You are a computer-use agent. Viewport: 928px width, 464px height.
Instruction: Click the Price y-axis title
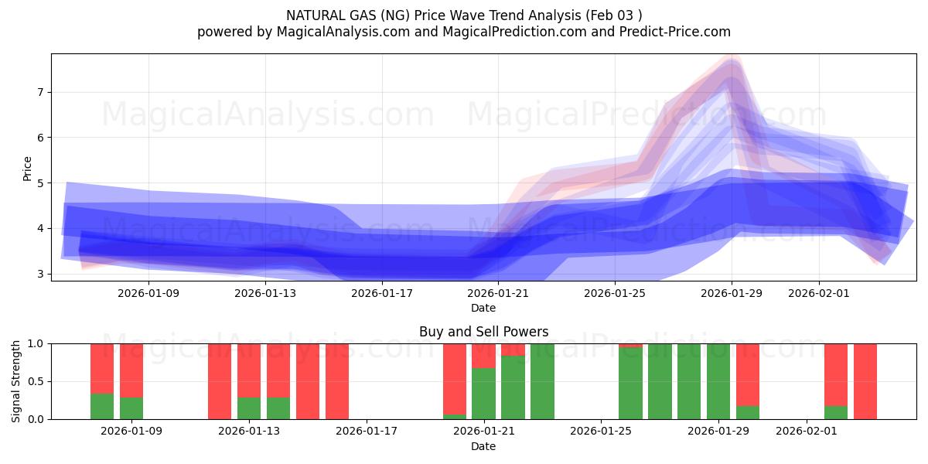pos(27,169)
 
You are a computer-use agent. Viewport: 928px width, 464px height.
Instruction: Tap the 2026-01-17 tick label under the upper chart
pos(382,293)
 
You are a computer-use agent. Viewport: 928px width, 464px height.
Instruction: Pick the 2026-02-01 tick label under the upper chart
pos(820,293)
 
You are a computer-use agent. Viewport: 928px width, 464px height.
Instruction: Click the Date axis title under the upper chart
pos(483,308)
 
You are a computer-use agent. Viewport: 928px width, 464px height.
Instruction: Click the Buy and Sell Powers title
pos(483,332)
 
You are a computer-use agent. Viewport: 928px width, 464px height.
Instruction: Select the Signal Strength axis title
pos(16,380)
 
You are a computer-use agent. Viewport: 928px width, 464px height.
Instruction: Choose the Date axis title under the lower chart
pos(483,446)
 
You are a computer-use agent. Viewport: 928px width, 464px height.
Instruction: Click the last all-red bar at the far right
pos(865,380)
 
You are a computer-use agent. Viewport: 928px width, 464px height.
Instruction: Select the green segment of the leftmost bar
pos(102,406)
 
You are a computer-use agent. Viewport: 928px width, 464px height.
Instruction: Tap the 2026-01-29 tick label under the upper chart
pos(732,293)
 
